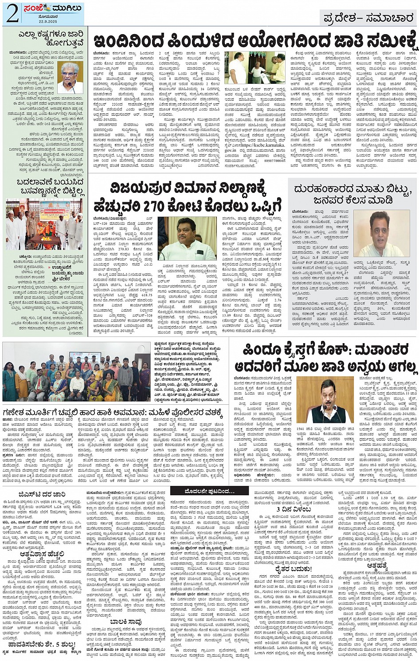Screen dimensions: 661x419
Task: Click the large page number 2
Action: point(12,13)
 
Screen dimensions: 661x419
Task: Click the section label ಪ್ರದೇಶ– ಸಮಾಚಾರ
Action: point(368,18)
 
